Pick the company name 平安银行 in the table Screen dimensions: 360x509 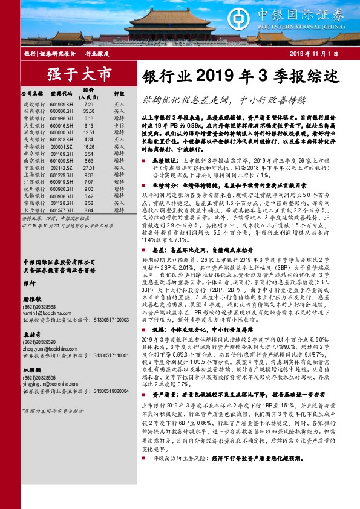click(x=33, y=146)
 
